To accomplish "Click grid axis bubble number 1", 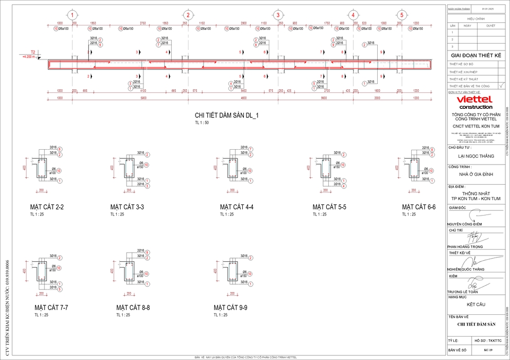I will click(72, 15).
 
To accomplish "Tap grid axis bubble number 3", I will click(278, 15).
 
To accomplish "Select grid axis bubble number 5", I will click(402, 15).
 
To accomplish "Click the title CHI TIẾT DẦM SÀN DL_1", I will click(227, 115).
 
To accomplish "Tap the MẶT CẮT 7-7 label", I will click(51, 307).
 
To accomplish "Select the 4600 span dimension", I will click(243, 98).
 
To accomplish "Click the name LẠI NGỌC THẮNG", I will click(475, 156).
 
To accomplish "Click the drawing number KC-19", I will click(488, 350).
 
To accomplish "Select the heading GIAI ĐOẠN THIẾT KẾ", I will click(475, 54).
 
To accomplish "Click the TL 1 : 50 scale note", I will click(202, 123).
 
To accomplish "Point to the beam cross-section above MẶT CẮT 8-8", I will click(127, 271).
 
